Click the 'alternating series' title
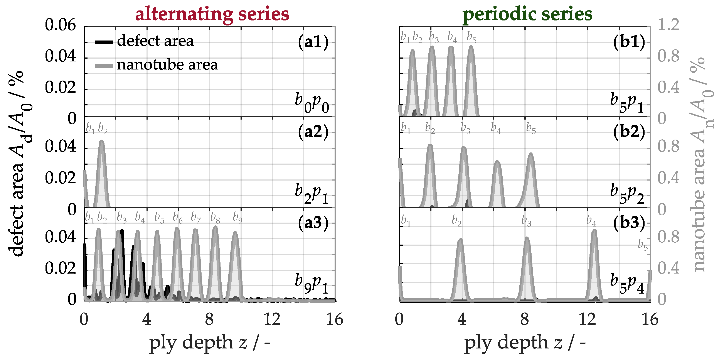[212, 14]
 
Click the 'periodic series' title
[527, 14]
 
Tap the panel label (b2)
[629, 132]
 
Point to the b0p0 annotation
[312, 103]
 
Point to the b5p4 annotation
[627, 284]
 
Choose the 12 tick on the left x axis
[272, 319]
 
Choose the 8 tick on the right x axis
[524, 319]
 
